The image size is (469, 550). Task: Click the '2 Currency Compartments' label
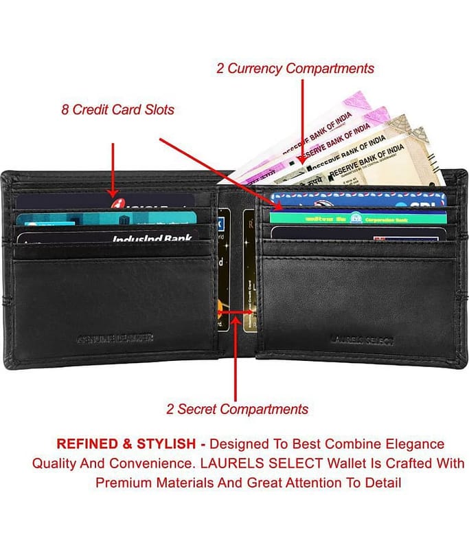pos(295,68)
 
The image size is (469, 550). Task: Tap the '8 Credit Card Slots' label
pos(117,109)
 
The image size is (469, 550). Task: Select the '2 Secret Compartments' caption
pos(237,409)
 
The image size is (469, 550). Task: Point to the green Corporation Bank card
pos(357,218)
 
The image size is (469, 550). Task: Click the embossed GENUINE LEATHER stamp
pos(115,338)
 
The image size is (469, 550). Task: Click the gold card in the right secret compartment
pos(250,275)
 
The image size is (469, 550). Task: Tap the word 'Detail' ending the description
pos(382,483)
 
